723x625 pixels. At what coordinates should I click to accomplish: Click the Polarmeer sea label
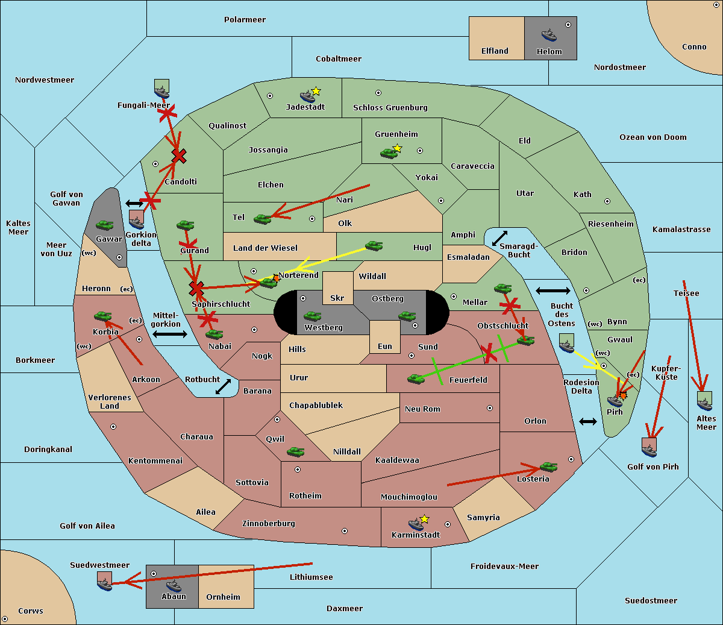245,20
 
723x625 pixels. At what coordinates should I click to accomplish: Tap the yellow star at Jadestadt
316,91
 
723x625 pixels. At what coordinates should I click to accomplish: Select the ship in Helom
549,34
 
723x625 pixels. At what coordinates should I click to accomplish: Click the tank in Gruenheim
389,154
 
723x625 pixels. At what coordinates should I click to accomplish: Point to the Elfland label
495,51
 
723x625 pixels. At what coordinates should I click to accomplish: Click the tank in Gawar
105,225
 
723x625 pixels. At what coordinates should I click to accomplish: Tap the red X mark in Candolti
178,156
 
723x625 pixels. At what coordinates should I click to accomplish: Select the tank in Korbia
103,316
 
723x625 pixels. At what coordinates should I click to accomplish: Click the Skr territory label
337,298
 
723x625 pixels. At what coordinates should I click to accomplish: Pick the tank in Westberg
312,316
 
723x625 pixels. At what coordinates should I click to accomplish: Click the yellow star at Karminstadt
424,519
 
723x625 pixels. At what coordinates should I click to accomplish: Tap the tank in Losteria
548,467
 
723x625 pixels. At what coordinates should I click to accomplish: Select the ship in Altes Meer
704,402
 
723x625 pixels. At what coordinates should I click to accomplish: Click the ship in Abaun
174,585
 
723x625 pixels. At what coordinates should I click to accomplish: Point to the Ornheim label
223,597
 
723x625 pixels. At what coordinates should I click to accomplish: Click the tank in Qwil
295,451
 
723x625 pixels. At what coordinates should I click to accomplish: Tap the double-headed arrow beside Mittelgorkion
170,334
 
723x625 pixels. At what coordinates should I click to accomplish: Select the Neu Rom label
422,409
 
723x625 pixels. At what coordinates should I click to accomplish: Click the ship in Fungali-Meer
162,91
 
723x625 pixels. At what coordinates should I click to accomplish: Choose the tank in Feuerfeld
416,379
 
